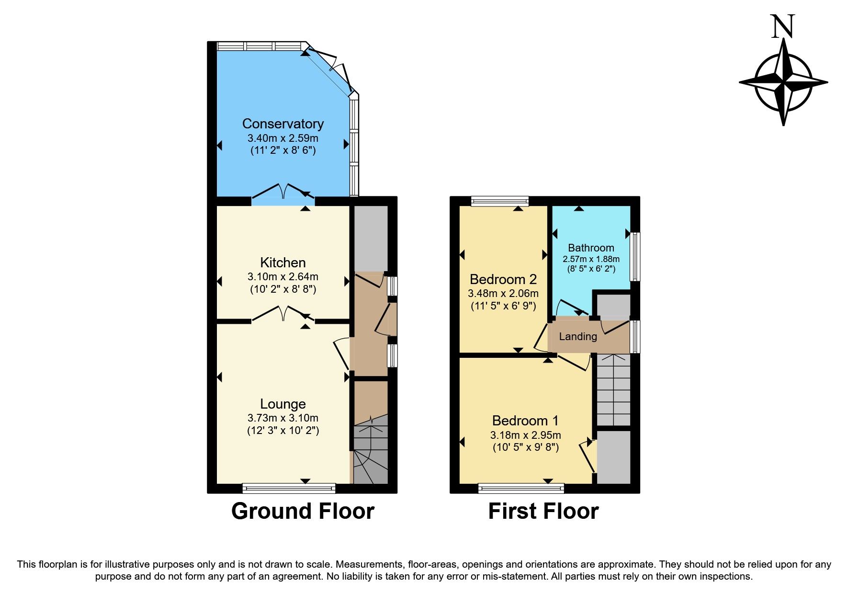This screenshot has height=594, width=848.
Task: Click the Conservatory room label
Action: tap(283, 124)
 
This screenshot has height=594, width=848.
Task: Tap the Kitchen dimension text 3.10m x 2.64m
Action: tap(283, 276)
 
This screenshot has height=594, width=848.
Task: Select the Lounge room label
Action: tap(283, 404)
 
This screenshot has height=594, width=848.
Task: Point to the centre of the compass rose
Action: tap(783, 82)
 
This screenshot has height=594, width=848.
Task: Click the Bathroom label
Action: tap(591, 248)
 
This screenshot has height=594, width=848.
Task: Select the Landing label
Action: tap(578, 336)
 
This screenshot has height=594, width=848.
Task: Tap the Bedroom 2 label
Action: tap(503, 279)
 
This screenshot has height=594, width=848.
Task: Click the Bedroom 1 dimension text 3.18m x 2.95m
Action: tap(525, 435)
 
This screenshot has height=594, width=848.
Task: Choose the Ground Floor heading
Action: tap(303, 511)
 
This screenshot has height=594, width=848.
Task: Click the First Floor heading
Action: tap(543, 511)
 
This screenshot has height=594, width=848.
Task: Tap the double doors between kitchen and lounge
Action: tap(283, 315)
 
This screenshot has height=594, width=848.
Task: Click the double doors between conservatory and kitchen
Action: tap(283, 193)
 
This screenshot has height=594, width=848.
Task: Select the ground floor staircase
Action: tap(370, 450)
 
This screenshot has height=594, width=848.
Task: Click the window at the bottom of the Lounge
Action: tap(289, 488)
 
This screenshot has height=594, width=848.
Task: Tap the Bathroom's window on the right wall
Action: tap(635, 256)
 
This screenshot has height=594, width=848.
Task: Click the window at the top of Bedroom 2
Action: tap(499, 201)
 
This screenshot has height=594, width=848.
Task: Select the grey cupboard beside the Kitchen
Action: tap(370, 238)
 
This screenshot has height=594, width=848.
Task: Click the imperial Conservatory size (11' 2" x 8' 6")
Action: tap(283, 150)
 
